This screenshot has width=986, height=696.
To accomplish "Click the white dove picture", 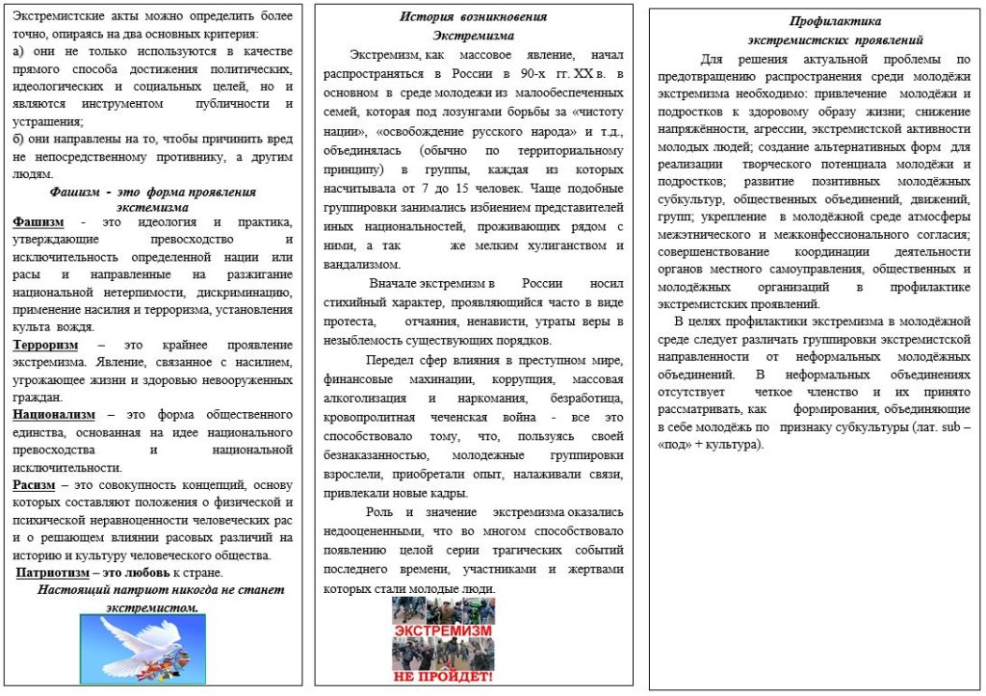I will pos(142,649).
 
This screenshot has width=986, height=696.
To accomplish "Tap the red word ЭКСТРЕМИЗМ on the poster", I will pos(444,631).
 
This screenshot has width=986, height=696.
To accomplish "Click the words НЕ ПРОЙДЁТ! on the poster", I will pos(443,676).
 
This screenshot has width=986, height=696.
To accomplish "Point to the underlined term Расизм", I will pos(34,484).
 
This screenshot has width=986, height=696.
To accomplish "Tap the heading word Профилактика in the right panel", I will pos(835,20).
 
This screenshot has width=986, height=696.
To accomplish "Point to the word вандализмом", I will pos(363,264).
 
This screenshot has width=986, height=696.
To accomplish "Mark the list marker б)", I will pos(19,139).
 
